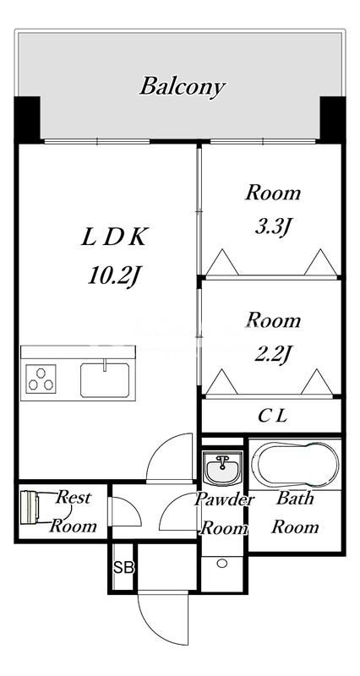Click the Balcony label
tap(183, 86)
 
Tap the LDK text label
tap(114, 238)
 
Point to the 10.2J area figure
tap(115, 275)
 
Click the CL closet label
tap(272, 416)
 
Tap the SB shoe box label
tap(123, 568)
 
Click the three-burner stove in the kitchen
tap(41, 379)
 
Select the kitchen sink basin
tap(105, 379)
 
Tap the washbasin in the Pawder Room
tap(222, 469)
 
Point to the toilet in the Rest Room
tap(30, 507)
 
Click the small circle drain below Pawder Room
tap(222, 563)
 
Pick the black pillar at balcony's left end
tap(28, 119)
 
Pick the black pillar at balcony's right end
tap(332, 119)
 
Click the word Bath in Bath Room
tap(295, 499)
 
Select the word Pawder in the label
tap(224, 500)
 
